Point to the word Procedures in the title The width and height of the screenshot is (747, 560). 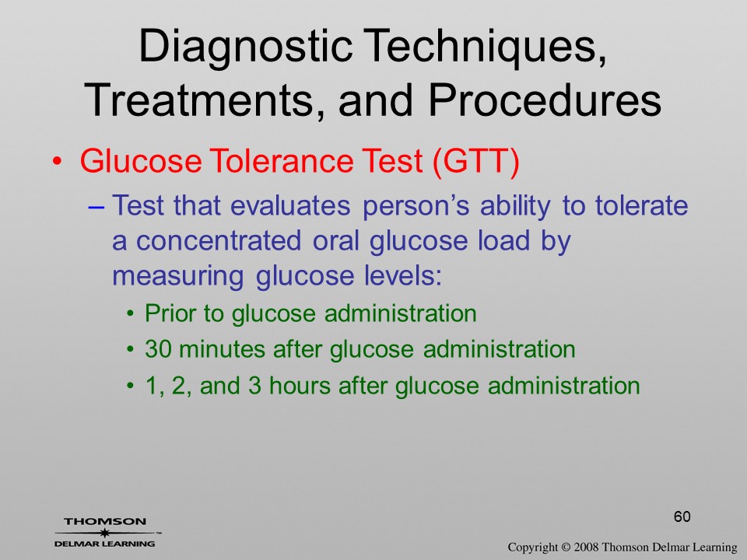click(x=545, y=100)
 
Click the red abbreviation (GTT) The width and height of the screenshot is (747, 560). click(x=476, y=161)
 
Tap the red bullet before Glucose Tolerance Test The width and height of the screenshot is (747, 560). click(x=57, y=162)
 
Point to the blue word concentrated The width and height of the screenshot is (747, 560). click(x=219, y=240)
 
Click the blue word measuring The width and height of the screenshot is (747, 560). click(x=177, y=277)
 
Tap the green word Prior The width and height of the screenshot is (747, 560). click(x=170, y=313)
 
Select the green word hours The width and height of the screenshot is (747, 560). click(x=299, y=385)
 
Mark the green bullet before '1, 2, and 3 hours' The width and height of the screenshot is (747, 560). click(x=131, y=385)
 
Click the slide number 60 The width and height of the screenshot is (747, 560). click(x=682, y=516)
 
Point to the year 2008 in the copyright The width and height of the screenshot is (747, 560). click(x=585, y=547)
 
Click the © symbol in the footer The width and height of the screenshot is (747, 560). click(x=566, y=547)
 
